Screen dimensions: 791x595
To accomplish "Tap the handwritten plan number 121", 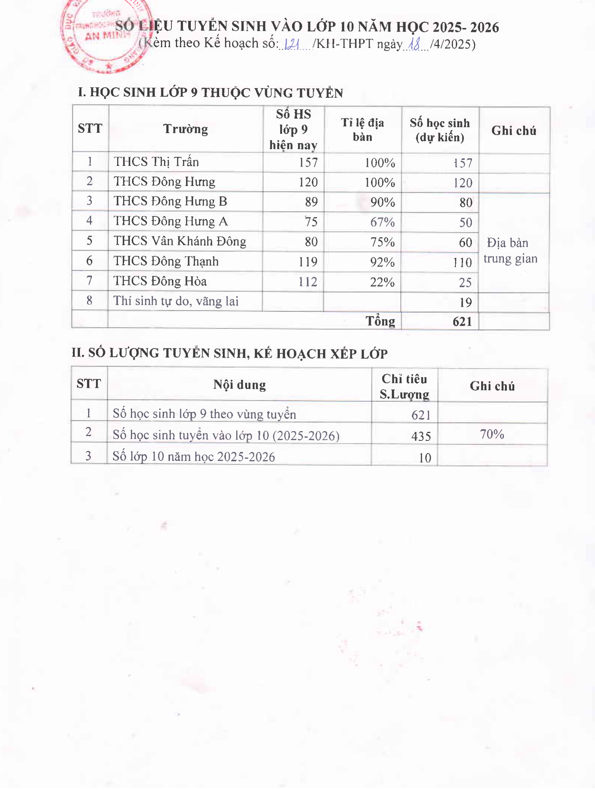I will click(x=292, y=45).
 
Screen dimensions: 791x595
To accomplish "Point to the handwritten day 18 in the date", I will click(x=414, y=45).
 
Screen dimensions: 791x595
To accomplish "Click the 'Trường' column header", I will click(x=186, y=129).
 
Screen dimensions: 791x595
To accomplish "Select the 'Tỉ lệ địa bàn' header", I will click(x=363, y=130).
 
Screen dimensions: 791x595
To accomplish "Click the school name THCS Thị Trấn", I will click(x=156, y=162).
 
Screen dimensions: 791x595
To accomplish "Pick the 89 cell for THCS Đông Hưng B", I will click(x=311, y=202).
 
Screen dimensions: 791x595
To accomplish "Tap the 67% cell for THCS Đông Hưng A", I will click(x=382, y=222).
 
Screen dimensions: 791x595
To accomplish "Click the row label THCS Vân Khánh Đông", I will click(x=180, y=241).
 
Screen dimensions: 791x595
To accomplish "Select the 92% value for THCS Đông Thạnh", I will click(x=382, y=262).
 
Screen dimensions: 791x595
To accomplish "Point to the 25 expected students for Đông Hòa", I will click(x=465, y=283).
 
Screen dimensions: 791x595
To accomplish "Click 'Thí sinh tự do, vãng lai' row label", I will click(x=176, y=301).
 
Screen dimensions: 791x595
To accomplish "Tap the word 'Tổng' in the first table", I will click(x=380, y=321).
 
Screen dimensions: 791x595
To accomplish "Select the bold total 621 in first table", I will click(x=462, y=322).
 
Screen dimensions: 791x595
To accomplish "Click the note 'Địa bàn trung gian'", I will click(x=510, y=251).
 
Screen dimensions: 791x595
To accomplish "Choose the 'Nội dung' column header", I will click(x=239, y=385).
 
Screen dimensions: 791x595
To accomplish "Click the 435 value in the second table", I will click(x=421, y=436).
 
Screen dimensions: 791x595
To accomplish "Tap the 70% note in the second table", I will click(x=492, y=434).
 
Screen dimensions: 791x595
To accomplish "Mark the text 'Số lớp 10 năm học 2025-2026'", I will click(x=194, y=456).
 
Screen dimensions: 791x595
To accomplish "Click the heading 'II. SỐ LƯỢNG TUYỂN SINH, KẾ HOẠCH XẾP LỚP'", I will click(x=229, y=353).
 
